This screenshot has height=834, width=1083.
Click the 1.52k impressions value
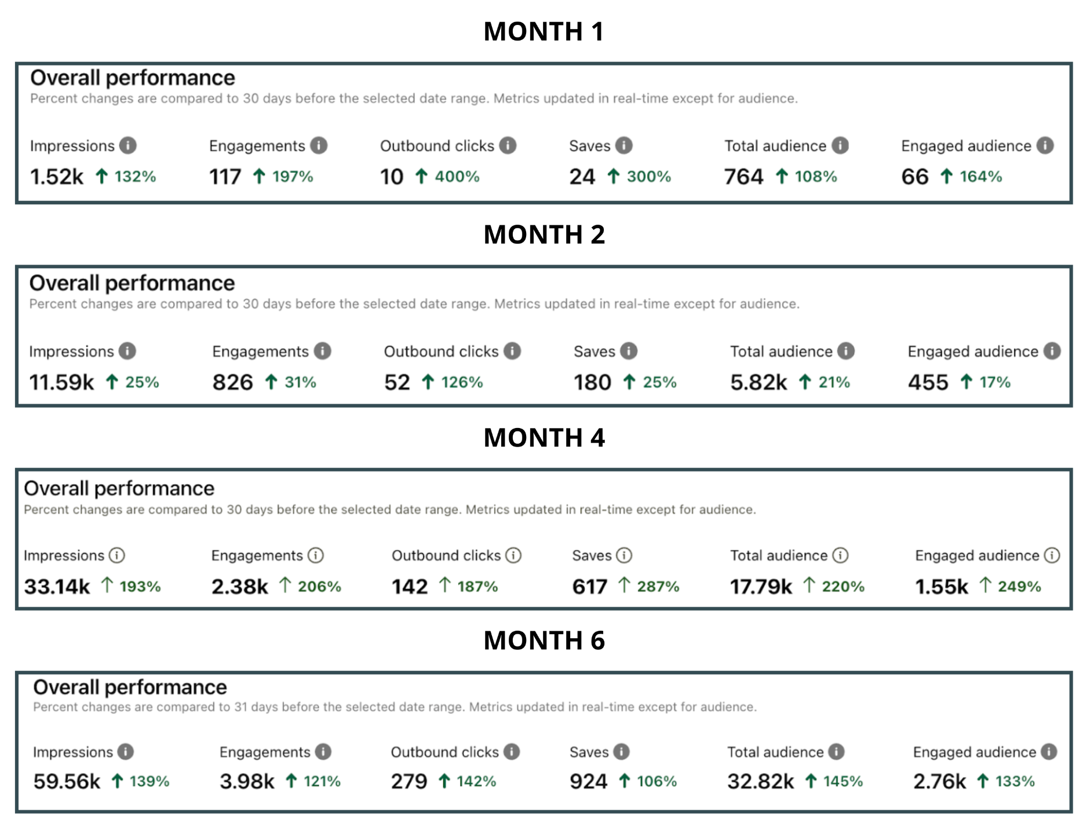[x=56, y=177]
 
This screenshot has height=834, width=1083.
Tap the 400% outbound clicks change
[x=457, y=177]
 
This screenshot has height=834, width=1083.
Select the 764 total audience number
[x=743, y=177]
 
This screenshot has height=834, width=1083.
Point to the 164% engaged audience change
[x=981, y=177]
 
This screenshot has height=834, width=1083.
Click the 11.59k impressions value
[x=61, y=382]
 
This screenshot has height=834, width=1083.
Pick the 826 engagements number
[x=232, y=382]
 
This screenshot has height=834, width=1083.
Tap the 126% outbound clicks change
[x=462, y=382]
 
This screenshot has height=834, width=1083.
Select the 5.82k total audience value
[x=759, y=382]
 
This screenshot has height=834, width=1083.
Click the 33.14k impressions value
[x=57, y=587]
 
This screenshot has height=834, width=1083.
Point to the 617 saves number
[x=589, y=587]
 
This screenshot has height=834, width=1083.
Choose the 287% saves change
[x=658, y=587]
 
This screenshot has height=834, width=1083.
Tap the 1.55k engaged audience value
[x=942, y=587]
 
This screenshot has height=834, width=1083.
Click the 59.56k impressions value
[x=67, y=781]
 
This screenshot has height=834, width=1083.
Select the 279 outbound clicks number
[x=409, y=781]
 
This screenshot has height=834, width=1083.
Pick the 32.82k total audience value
[x=760, y=781]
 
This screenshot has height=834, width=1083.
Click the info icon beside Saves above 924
[x=621, y=752]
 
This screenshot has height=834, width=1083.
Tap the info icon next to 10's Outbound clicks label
[x=508, y=145]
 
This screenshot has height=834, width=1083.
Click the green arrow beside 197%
[x=259, y=176]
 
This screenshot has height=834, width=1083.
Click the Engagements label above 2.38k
[x=257, y=555]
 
